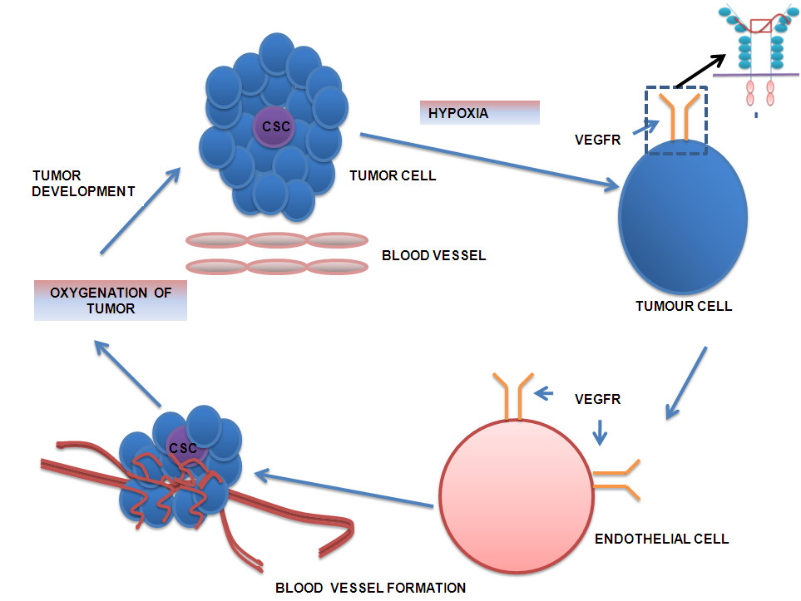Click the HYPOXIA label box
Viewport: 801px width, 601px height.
point(480,112)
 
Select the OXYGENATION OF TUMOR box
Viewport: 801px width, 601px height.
point(111,300)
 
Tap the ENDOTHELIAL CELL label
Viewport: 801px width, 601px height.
point(661,539)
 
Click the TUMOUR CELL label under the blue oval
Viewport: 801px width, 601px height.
point(684,306)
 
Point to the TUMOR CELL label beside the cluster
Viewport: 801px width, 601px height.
point(394,175)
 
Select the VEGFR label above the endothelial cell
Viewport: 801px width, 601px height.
point(597,399)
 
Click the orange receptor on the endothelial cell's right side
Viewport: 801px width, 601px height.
point(619,479)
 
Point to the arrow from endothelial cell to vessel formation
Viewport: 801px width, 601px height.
point(344,490)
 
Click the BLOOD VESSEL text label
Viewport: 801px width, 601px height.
point(433,255)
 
